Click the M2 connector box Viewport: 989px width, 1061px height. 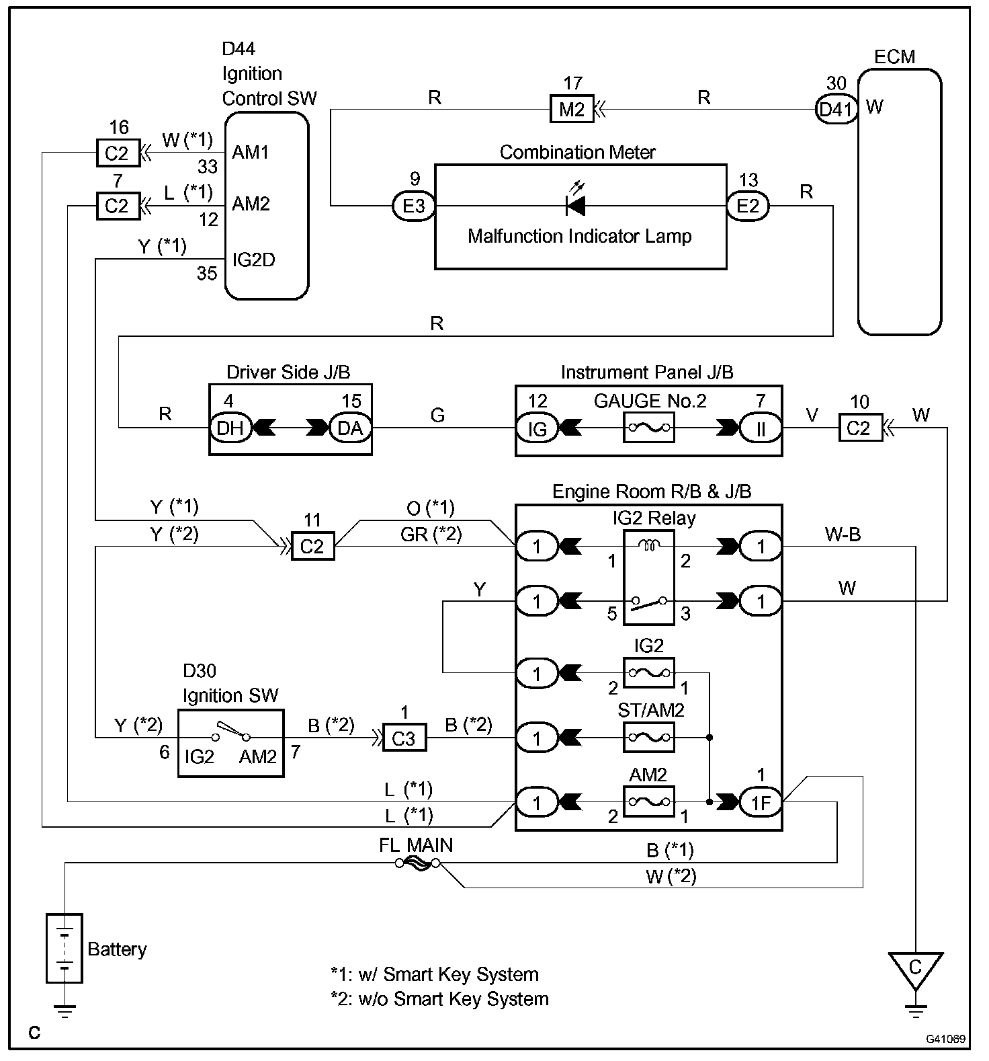[x=571, y=109]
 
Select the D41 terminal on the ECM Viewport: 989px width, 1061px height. [x=836, y=109]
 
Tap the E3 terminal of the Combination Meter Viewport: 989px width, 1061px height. [x=413, y=206]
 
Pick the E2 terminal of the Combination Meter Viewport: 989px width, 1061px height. [x=748, y=206]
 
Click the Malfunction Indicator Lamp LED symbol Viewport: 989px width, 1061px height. [x=575, y=205]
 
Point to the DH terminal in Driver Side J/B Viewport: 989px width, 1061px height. [x=230, y=428]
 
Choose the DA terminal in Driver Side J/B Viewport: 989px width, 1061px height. [x=349, y=428]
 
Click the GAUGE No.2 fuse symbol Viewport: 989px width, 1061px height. [x=648, y=428]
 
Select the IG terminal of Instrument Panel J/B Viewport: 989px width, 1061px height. [x=537, y=428]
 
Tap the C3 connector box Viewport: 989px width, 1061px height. [x=403, y=738]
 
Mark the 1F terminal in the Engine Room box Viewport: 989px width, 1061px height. [x=761, y=802]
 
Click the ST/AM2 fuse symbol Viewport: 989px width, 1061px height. [x=648, y=738]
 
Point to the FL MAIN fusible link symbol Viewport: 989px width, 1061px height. [x=417, y=863]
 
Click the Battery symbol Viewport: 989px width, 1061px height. [x=64, y=949]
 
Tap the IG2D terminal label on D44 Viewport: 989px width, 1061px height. [x=253, y=260]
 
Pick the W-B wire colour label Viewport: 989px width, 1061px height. [x=843, y=535]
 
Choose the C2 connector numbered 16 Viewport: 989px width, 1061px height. [x=116, y=153]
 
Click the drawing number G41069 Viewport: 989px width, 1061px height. [x=945, y=1039]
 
